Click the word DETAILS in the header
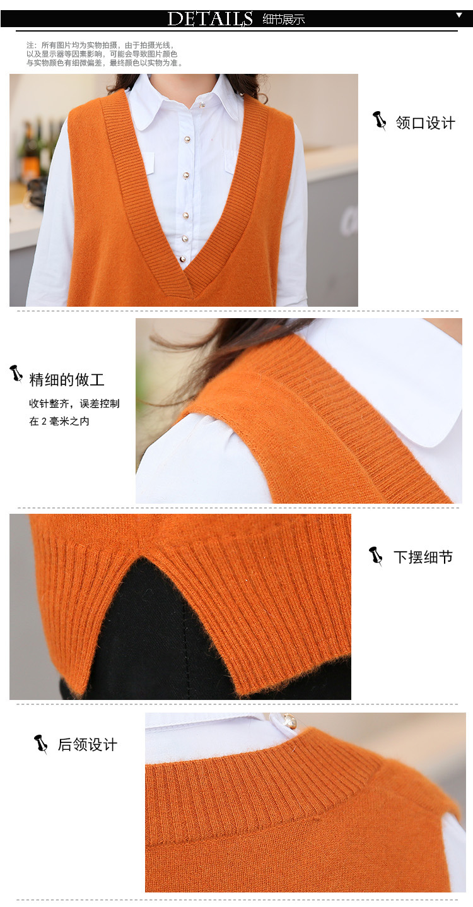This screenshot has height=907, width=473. click(x=210, y=19)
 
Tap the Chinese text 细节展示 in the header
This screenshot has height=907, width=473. click(x=283, y=20)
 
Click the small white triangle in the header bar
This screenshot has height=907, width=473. click(x=459, y=15)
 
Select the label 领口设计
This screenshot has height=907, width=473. click(x=425, y=122)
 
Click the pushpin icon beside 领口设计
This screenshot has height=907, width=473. click(x=380, y=120)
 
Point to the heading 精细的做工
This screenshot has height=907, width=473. click(x=66, y=379)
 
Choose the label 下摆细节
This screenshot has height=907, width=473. click(x=423, y=557)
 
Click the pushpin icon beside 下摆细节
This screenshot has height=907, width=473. click(x=377, y=556)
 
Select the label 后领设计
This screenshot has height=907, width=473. click(x=87, y=745)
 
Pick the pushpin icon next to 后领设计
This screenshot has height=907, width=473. click(x=41, y=744)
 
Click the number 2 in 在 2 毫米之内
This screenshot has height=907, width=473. click(x=44, y=422)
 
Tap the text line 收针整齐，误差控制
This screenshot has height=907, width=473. click(x=74, y=403)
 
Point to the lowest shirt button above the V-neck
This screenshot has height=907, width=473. click(x=182, y=259)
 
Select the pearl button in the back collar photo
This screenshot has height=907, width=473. click(x=289, y=720)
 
